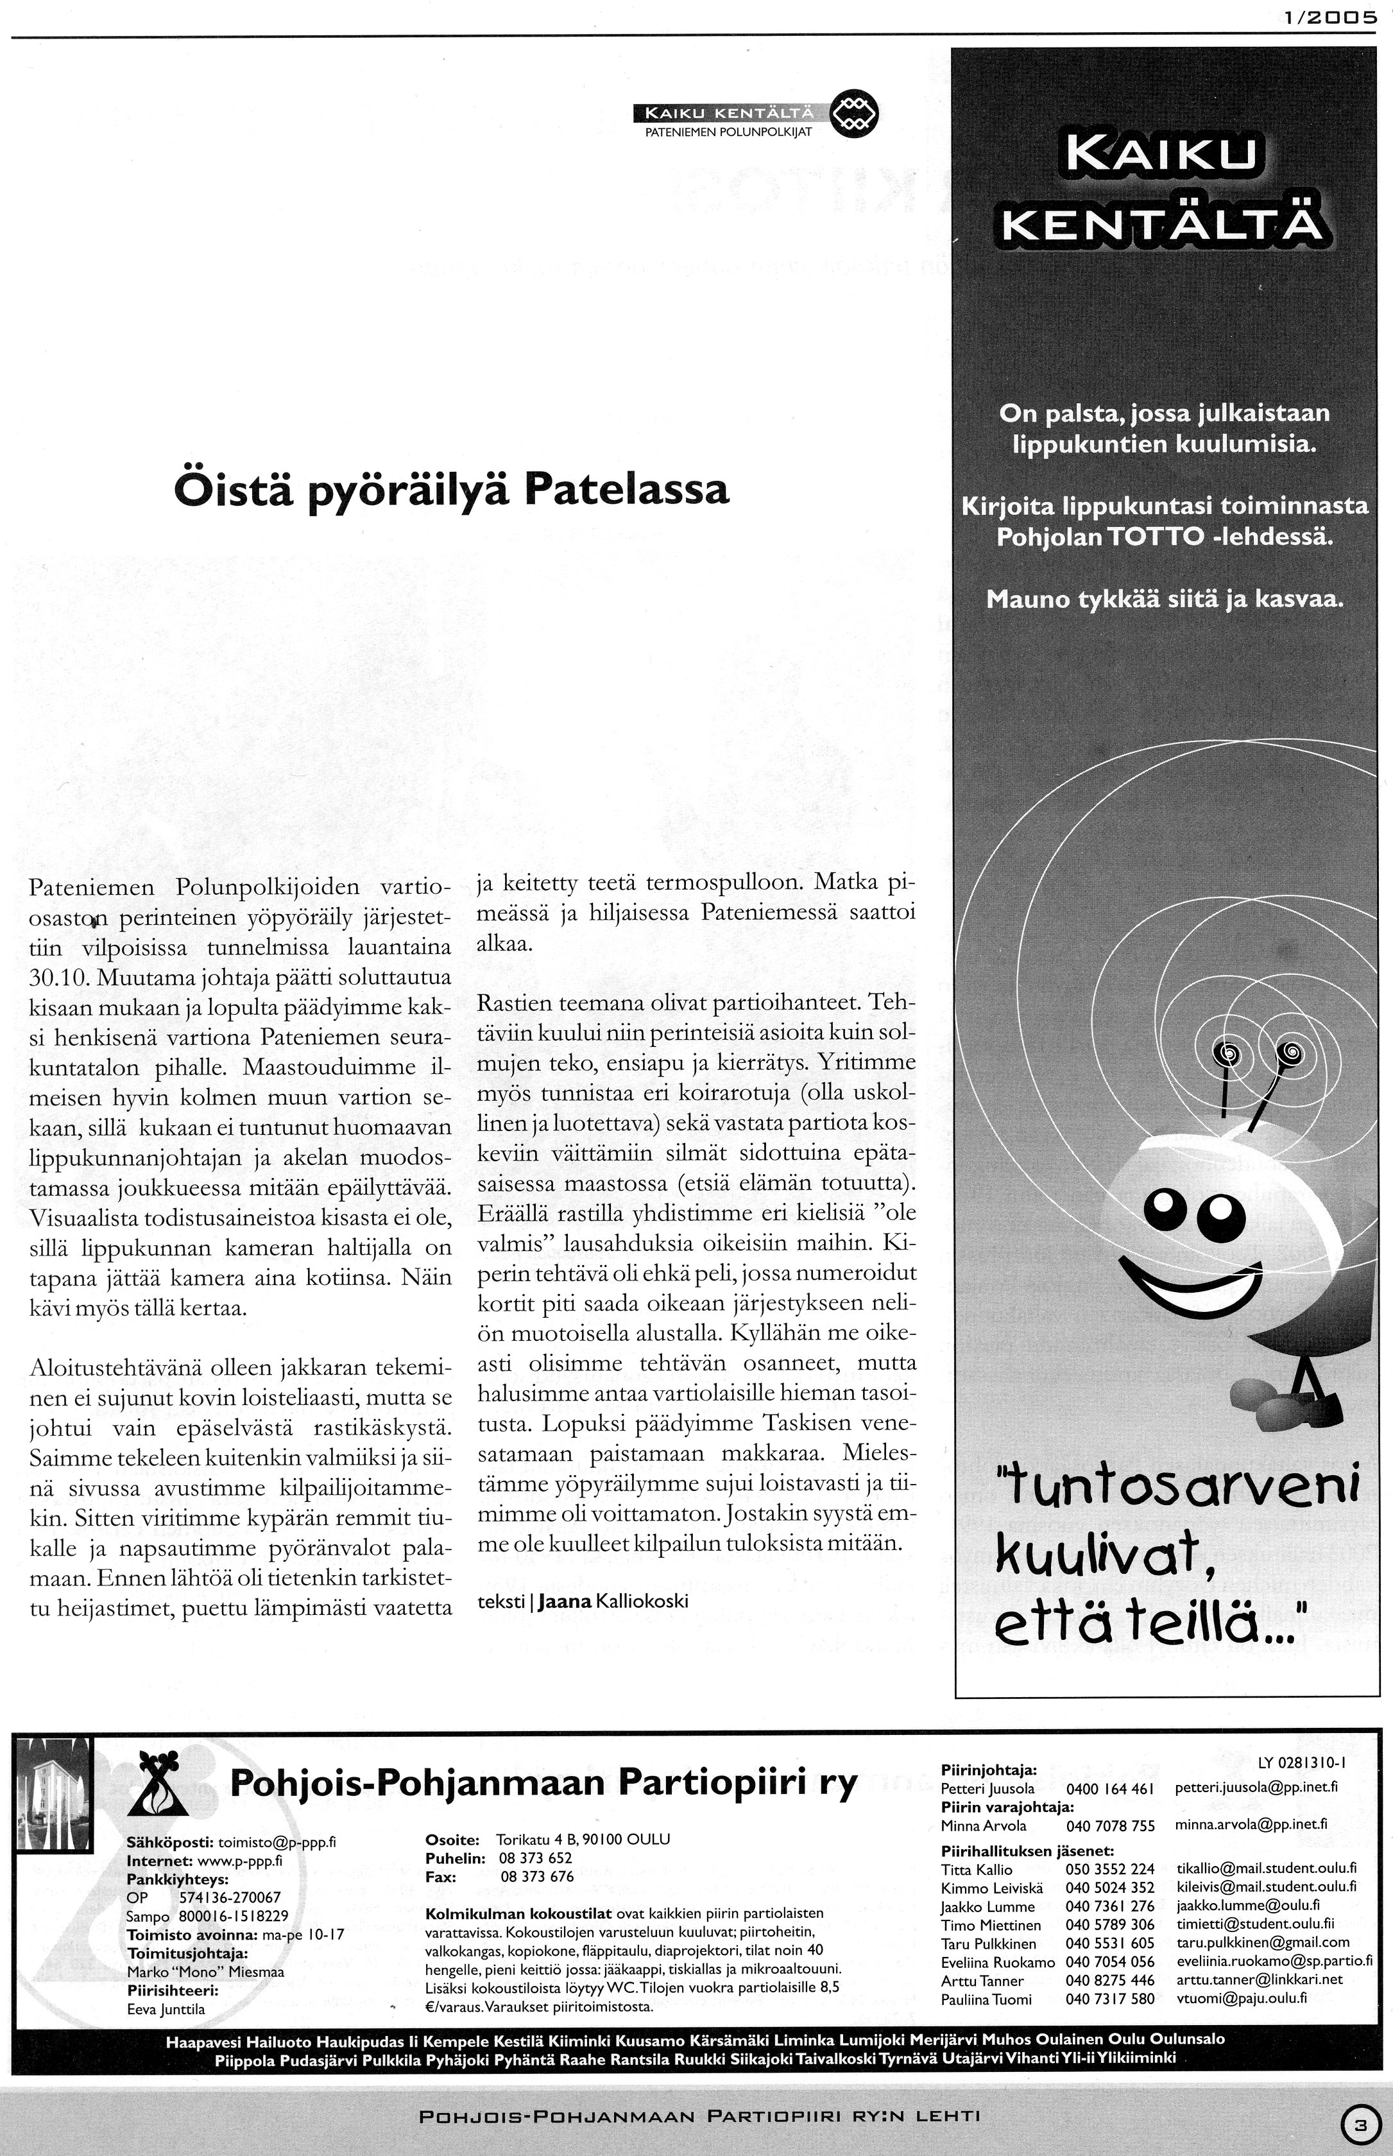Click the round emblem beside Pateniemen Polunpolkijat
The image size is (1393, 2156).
(x=854, y=116)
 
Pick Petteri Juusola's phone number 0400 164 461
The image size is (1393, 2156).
(x=1110, y=1789)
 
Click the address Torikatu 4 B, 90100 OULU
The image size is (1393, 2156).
(x=583, y=1840)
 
